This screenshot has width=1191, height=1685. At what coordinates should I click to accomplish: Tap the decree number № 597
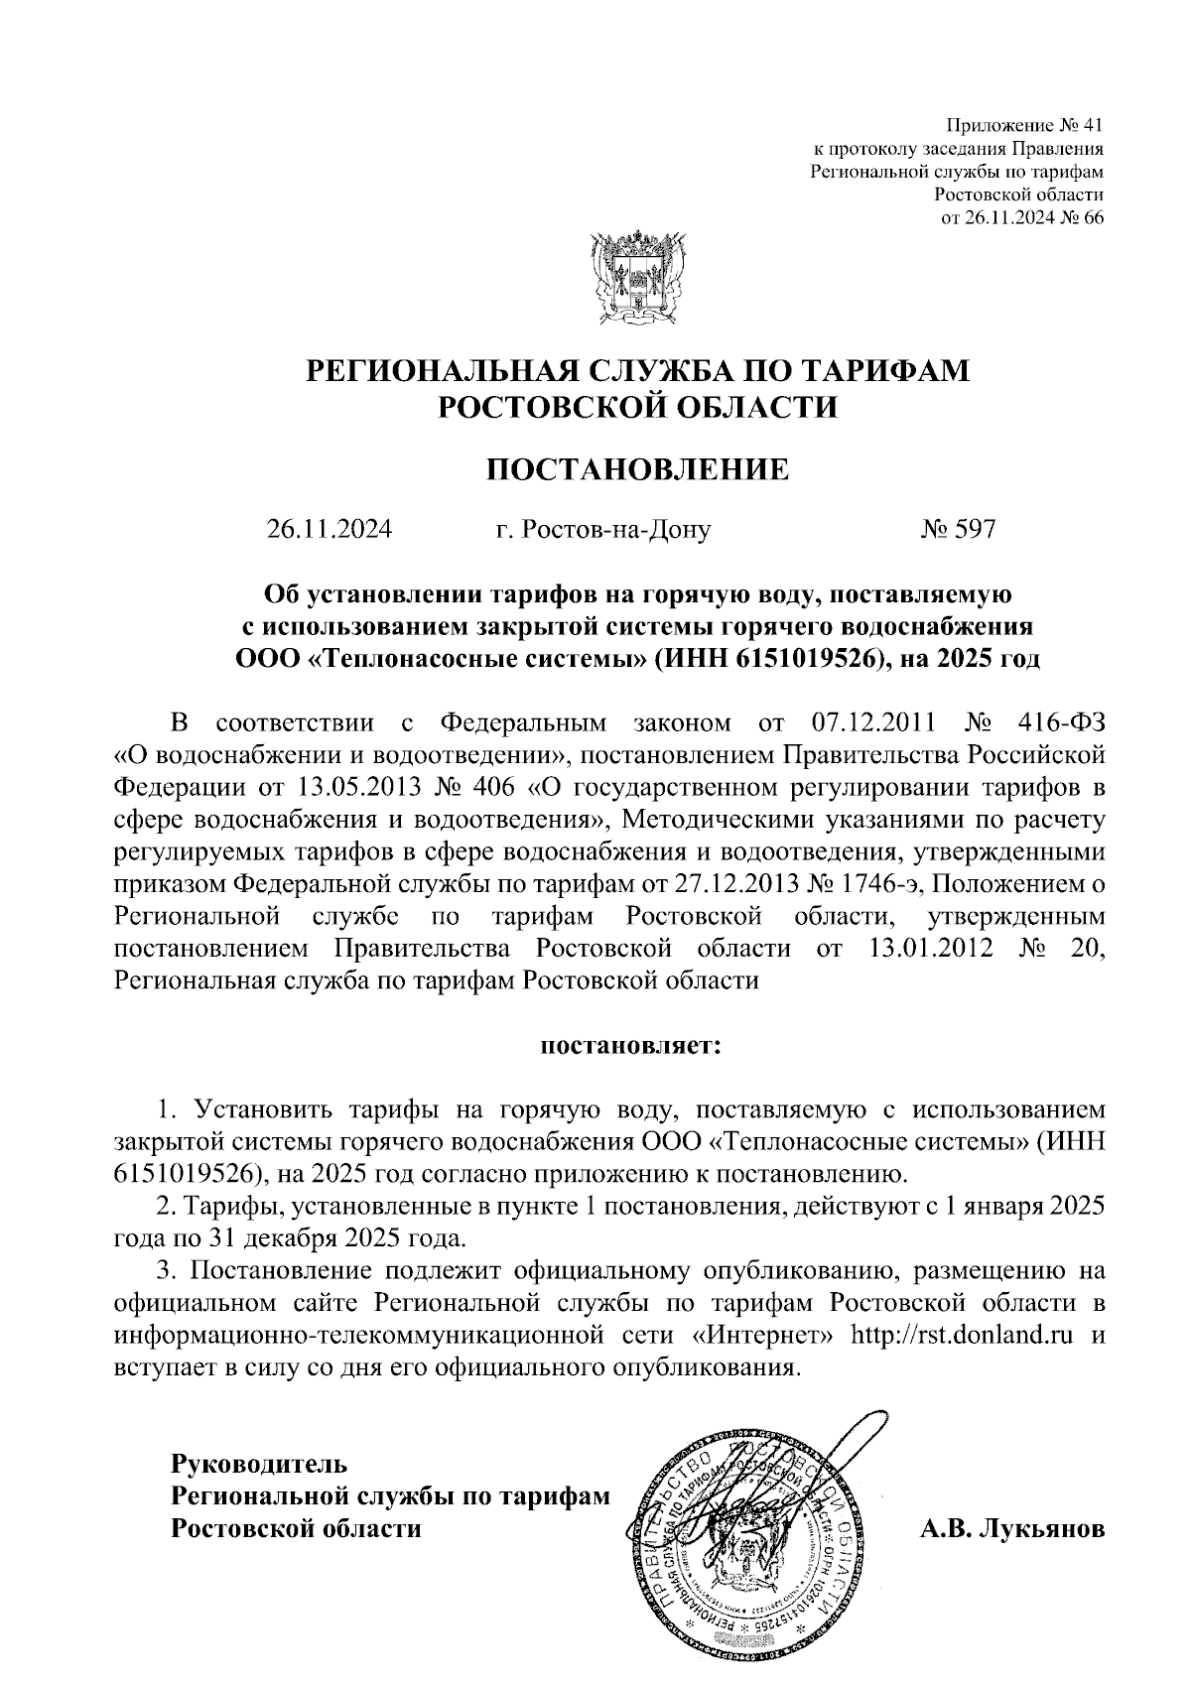coord(957,529)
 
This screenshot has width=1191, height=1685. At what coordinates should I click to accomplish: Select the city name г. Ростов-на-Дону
coord(602,530)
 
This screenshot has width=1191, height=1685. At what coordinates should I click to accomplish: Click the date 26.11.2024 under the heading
coord(329,529)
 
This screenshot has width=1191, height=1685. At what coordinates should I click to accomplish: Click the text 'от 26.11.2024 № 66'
coord(1022,217)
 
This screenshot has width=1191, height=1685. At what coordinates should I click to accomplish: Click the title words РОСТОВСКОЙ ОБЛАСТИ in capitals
coord(638,406)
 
